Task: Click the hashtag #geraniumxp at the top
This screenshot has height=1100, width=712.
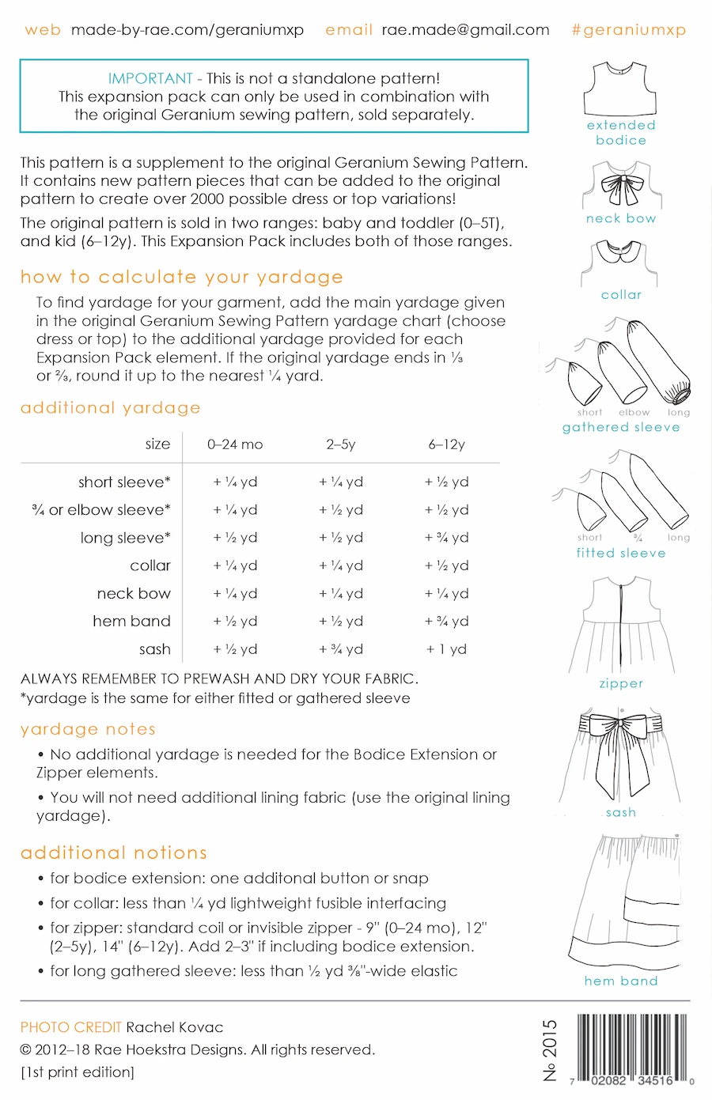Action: (628, 30)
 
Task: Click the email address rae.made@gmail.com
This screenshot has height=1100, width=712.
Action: (465, 30)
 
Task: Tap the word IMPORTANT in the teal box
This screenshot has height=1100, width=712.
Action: (150, 78)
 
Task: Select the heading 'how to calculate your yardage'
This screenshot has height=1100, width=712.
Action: (182, 277)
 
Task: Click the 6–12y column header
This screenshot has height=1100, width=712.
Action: (446, 444)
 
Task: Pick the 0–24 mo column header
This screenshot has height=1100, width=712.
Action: (235, 444)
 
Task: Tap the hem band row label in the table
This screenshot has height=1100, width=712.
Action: (131, 622)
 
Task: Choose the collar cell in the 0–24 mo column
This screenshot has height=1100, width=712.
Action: (235, 566)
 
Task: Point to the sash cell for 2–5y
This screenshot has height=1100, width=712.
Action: (341, 649)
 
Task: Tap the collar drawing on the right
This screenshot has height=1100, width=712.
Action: (621, 261)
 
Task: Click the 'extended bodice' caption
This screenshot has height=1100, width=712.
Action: (621, 133)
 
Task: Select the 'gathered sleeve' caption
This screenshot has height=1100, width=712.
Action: (621, 427)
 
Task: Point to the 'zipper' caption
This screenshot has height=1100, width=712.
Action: (621, 683)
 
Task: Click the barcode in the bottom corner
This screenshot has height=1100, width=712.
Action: (633, 1048)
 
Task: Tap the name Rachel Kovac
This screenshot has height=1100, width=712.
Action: (175, 1027)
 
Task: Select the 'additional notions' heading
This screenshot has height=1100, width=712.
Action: (114, 852)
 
